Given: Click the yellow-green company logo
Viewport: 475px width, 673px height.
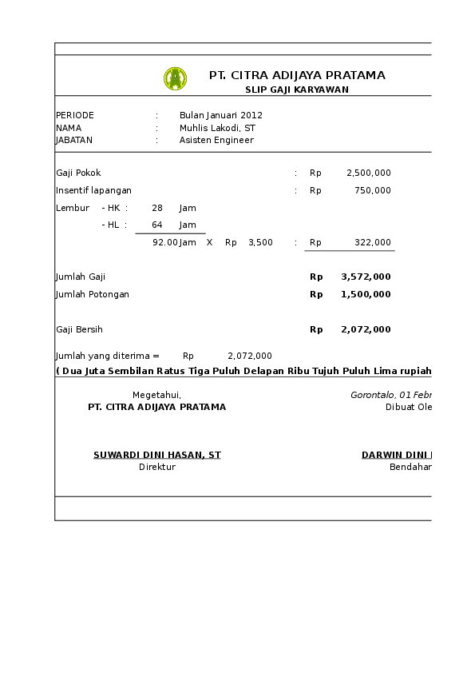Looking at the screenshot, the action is tap(175, 78).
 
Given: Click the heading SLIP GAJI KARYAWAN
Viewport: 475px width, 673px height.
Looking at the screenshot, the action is tap(296, 90).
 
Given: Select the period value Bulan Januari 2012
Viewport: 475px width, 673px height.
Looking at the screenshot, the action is tap(221, 115).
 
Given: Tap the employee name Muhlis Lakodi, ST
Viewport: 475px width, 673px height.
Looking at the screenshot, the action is tap(217, 128).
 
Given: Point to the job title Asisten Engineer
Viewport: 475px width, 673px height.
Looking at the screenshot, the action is tap(216, 140).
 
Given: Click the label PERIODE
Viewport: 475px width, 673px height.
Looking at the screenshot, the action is tap(75, 115).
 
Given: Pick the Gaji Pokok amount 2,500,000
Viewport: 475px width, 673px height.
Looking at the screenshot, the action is tap(368, 173).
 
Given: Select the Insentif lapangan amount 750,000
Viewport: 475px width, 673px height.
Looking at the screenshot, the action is tap(372, 190).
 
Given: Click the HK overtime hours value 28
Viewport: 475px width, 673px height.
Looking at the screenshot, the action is tap(157, 208).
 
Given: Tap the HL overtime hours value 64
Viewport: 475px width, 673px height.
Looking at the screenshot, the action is tap(157, 225).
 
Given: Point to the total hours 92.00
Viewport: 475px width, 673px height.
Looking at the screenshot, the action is tap(164, 242).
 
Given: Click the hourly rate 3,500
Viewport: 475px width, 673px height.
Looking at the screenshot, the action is tap(260, 242).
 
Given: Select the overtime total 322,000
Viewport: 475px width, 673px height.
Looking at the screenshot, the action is tap(372, 242).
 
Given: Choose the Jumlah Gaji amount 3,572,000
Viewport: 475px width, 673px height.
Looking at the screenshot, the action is tap(366, 277).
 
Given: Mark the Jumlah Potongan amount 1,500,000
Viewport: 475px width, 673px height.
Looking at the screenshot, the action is tap(366, 294).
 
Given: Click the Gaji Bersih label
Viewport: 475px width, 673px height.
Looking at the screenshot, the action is tap(79, 329).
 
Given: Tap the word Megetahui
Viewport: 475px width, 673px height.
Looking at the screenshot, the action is tap(156, 395).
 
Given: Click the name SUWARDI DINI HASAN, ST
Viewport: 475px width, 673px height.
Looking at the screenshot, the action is tap(157, 455).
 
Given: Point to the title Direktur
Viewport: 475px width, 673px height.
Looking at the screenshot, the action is tap(157, 467).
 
